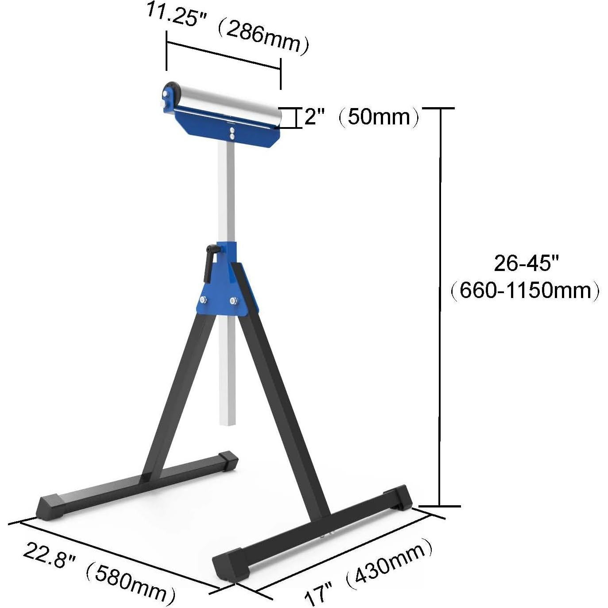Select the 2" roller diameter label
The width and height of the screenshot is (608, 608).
[x=315, y=117]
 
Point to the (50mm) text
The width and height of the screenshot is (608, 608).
[x=379, y=117]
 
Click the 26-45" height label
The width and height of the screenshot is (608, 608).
[x=527, y=263]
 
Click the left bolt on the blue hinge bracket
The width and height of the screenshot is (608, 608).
[x=203, y=300]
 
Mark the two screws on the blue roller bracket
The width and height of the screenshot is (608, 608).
[x=231, y=134]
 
